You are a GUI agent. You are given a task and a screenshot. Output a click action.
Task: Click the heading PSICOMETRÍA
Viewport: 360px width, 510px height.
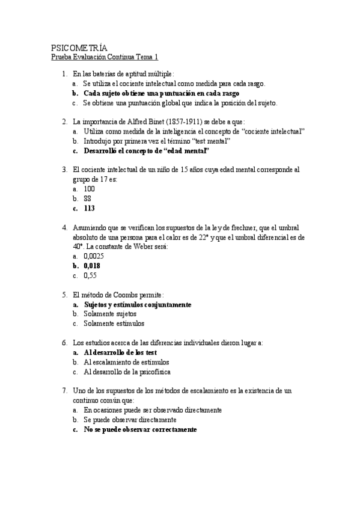click(80, 48)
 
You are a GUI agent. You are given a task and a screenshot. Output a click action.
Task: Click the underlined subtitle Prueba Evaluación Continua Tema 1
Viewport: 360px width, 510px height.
click(105, 57)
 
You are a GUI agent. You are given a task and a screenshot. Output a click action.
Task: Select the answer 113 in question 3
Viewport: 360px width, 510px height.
click(90, 209)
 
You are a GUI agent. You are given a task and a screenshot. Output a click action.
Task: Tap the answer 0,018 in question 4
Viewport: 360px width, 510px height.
click(92, 265)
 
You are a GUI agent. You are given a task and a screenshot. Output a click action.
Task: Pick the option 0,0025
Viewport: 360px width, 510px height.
click(94, 256)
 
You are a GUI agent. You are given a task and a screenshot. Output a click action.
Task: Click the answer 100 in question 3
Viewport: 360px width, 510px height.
click(90, 189)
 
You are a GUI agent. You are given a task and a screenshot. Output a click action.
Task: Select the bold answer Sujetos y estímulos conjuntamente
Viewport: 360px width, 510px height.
click(137, 304)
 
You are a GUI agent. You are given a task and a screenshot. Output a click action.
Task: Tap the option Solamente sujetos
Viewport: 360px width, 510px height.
click(110, 314)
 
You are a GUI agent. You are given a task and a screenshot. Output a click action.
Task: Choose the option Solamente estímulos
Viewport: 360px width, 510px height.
click(114, 324)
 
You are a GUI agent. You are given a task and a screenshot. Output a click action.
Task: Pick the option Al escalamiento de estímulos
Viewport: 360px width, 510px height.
click(126, 362)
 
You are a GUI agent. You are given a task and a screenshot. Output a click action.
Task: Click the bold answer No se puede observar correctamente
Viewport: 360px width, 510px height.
click(140, 430)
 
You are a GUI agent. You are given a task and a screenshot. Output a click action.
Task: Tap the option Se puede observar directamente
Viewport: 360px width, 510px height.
click(130, 420)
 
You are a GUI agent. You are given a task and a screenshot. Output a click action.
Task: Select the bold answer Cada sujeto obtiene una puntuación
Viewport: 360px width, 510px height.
click(162, 93)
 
